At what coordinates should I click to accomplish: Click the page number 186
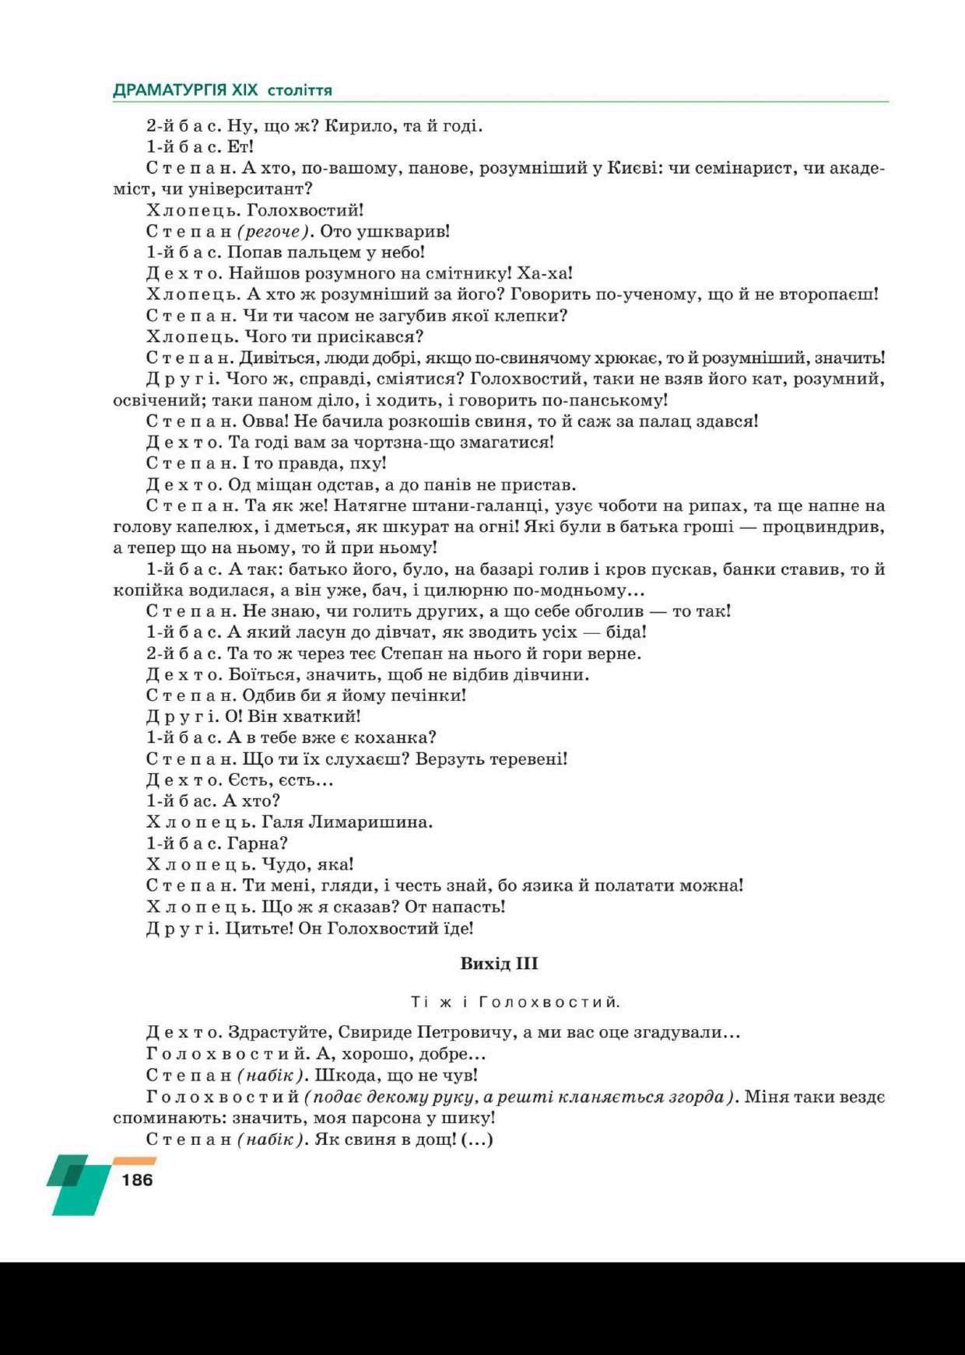tap(137, 1180)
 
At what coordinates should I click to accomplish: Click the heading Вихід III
tap(499, 964)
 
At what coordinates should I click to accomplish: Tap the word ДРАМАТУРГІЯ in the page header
tap(170, 89)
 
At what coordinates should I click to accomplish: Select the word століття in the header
tap(300, 90)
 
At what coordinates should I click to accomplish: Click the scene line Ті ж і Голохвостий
tap(516, 1002)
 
